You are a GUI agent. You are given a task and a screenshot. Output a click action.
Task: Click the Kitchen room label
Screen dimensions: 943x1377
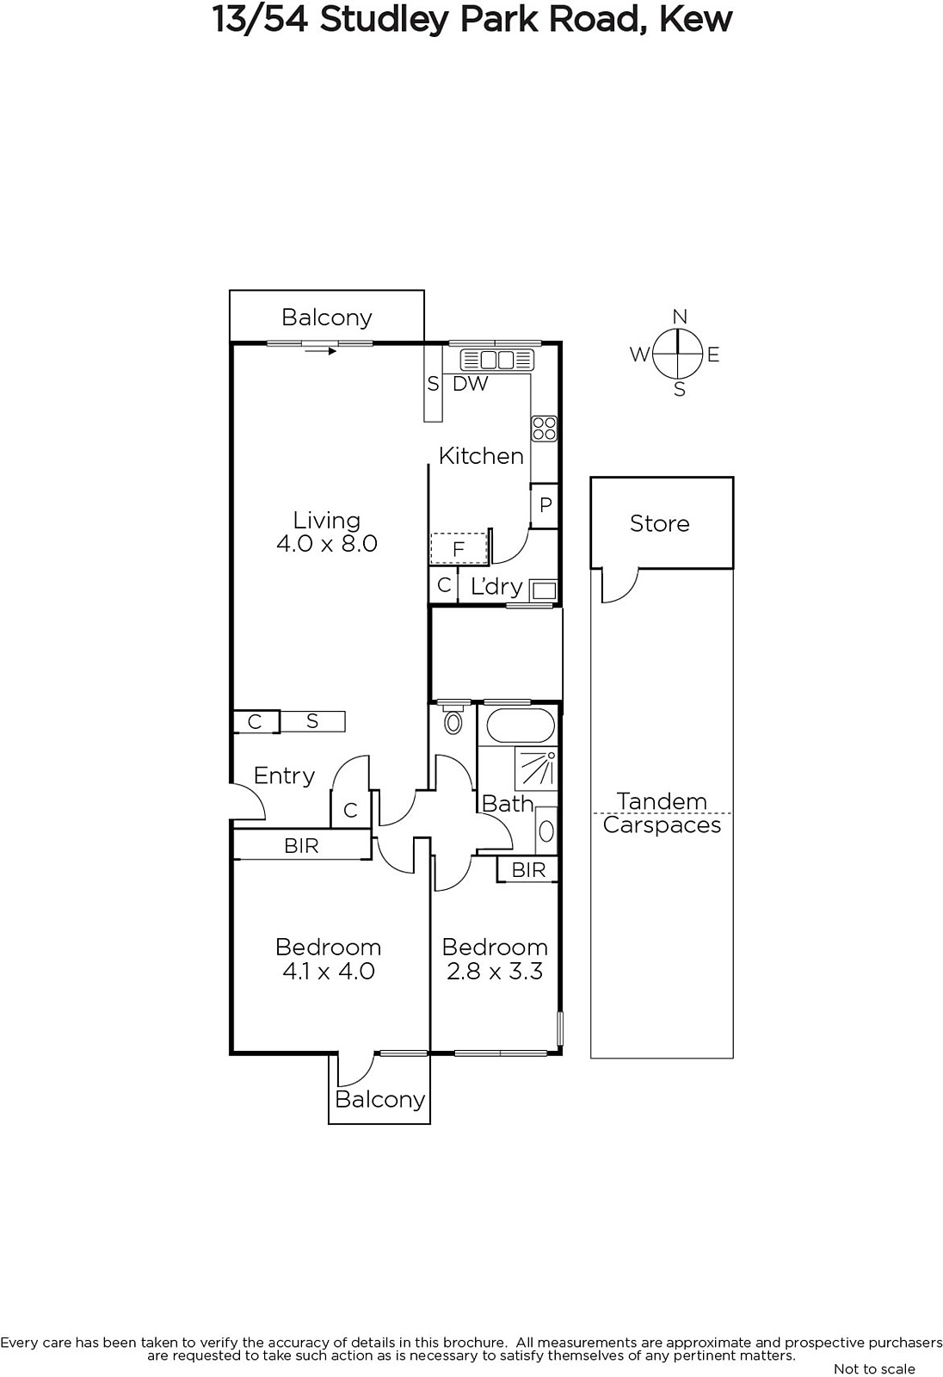(x=481, y=456)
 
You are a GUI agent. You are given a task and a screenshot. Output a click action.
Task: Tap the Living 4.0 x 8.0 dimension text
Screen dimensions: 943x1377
(x=326, y=543)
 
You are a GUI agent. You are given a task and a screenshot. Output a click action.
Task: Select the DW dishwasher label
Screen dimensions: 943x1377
(x=471, y=384)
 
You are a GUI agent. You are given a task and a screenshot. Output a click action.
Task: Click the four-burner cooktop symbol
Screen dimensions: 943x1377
(x=545, y=429)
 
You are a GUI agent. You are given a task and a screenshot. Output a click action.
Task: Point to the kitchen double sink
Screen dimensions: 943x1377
(x=496, y=360)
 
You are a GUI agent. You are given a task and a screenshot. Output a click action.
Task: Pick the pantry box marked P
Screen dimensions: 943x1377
(x=545, y=505)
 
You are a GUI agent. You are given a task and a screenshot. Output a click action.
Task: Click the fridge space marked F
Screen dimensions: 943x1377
(x=459, y=548)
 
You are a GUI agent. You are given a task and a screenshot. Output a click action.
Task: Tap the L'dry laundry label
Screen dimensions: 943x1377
(x=496, y=587)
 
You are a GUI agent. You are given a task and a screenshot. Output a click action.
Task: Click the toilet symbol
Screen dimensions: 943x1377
(x=453, y=719)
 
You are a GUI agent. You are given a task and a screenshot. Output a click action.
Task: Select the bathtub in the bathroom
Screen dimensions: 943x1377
(x=520, y=726)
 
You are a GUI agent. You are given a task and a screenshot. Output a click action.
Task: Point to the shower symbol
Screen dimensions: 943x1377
(x=536, y=769)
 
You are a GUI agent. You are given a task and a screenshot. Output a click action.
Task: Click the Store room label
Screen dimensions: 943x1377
(x=660, y=524)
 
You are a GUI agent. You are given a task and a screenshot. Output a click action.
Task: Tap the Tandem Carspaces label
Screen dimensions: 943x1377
(x=662, y=813)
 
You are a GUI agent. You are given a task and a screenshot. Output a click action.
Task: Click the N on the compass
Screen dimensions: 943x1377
(x=679, y=317)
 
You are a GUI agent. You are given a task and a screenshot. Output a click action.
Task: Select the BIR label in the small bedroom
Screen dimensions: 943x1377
(x=528, y=870)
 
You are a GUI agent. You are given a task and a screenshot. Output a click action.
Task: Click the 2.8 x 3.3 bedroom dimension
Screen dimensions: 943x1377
(x=495, y=972)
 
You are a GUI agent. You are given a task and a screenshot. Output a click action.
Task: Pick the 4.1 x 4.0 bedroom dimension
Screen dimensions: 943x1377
(x=329, y=972)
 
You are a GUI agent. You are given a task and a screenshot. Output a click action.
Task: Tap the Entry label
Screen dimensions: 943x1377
(x=284, y=776)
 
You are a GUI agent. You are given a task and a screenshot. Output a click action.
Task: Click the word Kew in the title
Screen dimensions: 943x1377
(x=696, y=20)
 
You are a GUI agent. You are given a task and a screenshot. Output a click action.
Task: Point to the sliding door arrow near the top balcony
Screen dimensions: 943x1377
(x=320, y=351)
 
